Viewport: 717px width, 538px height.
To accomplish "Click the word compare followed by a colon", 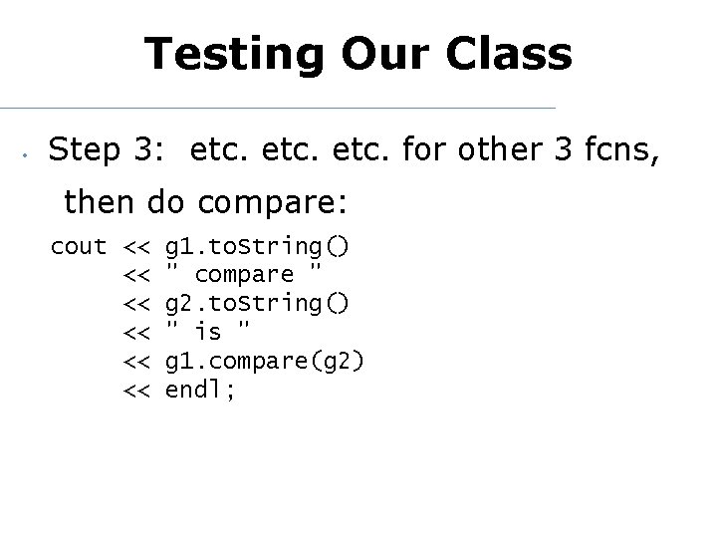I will (x=272, y=204).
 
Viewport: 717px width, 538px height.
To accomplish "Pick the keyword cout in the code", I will (x=79, y=245).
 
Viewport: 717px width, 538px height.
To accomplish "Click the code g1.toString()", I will (x=256, y=245).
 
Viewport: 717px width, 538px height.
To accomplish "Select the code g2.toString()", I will (x=256, y=303).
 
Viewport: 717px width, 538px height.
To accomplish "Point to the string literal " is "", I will (x=206, y=332).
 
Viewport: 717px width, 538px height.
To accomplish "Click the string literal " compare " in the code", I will (x=244, y=274).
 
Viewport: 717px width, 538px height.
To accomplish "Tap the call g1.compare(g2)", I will (x=264, y=361).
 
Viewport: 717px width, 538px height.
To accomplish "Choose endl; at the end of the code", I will (x=200, y=390).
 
